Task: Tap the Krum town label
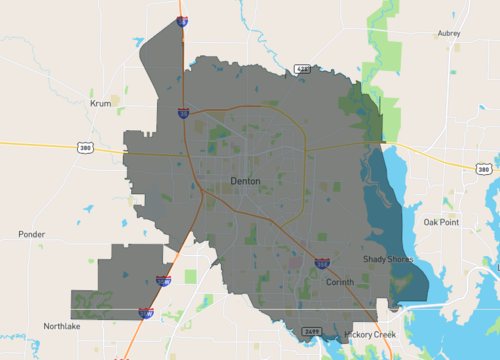(100, 103)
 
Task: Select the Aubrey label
(449, 33)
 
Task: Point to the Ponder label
(32, 234)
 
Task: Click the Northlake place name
(61, 326)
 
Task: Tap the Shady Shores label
(383, 259)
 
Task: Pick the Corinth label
(340, 282)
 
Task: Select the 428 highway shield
(302, 69)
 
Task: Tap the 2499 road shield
(310, 330)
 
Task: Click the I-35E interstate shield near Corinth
(322, 263)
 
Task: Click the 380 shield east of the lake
(485, 170)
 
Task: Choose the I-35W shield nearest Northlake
(146, 313)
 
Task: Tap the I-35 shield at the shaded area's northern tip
(182, 19)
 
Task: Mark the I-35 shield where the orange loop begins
(184, 114)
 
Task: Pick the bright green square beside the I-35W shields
(191, 276)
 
